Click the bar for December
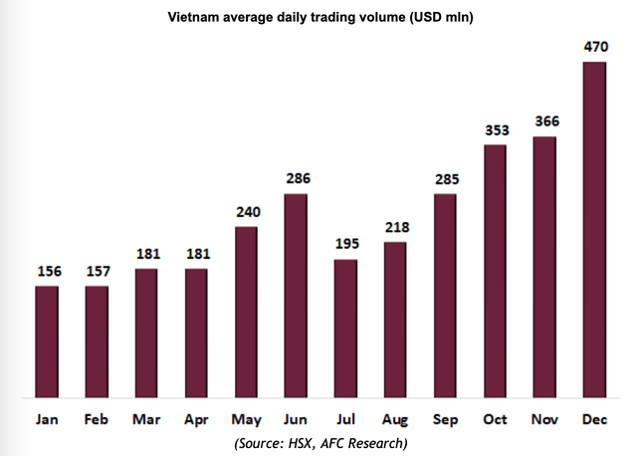tap(594, 230)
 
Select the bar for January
tap(47, 342)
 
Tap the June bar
tap(296, 297)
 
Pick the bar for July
tap(345, 329)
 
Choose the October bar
tap(495, 272)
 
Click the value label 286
tap(296, 178)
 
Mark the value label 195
tap(345, 244)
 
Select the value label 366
tap(544, 121)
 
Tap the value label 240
tap(246, 211)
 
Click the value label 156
tap(47, 271)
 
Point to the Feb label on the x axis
tap(97, 419)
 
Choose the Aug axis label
tap(395, 419)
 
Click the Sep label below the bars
tap(445, 419)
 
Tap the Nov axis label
tap(544, 419)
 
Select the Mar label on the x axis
tap(146, 419)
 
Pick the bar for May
tap(246, 313)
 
